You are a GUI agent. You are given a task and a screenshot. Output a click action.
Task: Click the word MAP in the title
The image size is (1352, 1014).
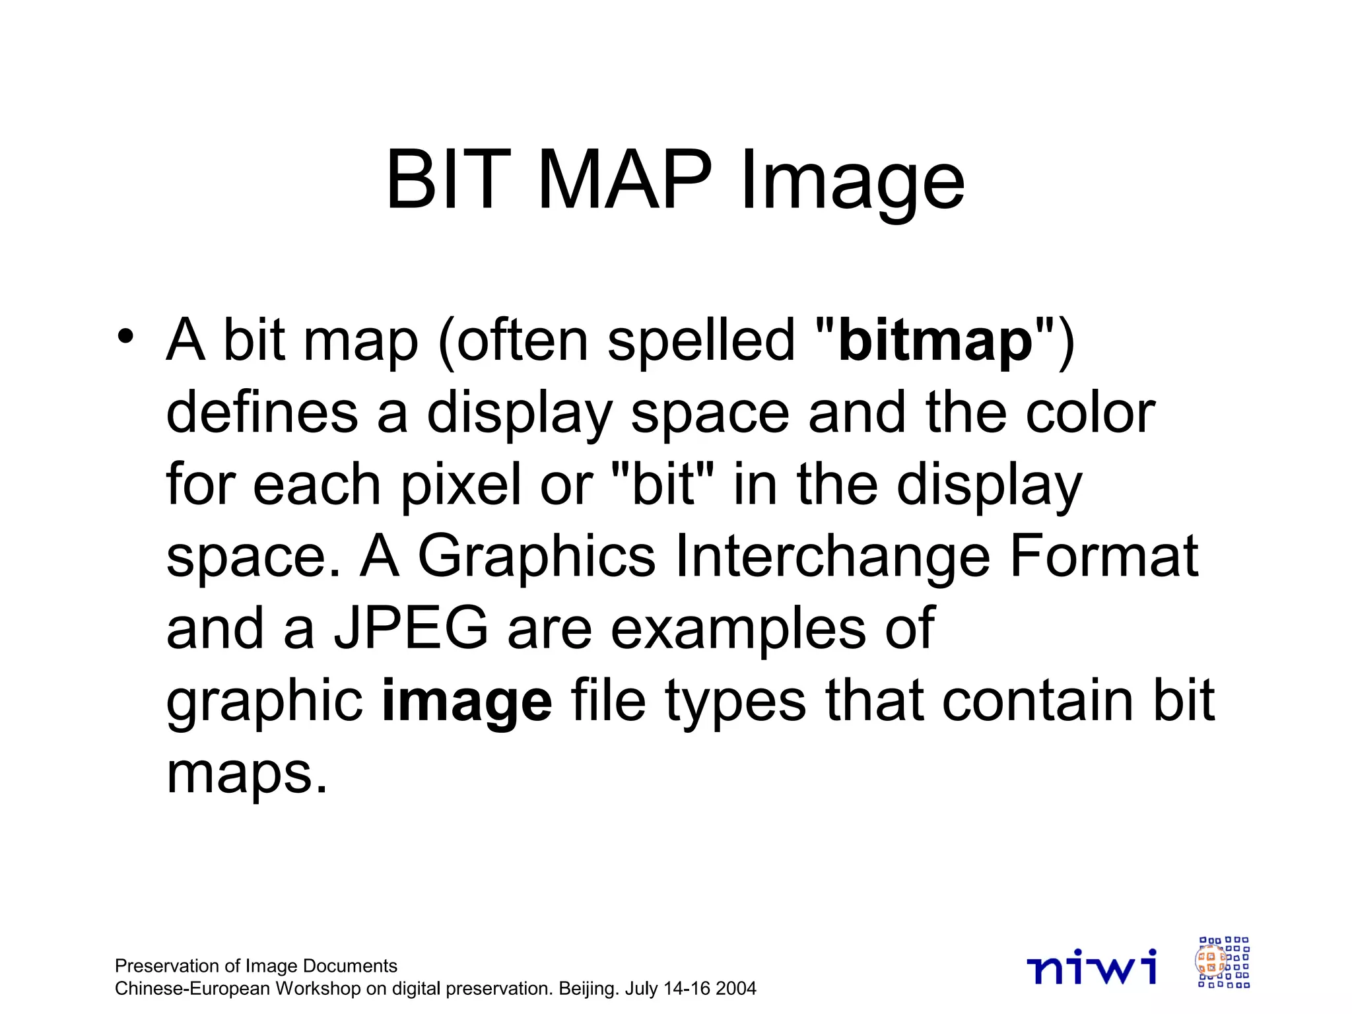pos(625,180)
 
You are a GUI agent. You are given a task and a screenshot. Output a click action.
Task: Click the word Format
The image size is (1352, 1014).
pos(1103,556)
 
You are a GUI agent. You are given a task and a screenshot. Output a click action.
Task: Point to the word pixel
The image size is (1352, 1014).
pos(461,486)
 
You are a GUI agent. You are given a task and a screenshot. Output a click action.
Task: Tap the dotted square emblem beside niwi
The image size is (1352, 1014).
pos(1223,962)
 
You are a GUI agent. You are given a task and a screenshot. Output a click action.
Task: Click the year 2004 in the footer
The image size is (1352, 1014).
pos(735,989)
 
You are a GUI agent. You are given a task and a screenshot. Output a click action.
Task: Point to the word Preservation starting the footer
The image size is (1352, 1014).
pos(166,966)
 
